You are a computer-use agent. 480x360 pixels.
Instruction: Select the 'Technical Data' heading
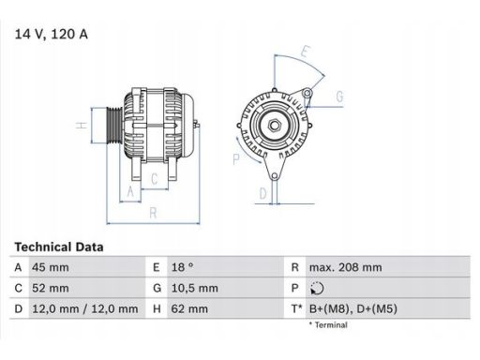59,247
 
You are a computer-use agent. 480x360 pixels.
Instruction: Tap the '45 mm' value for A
52,267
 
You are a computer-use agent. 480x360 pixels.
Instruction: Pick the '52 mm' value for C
52,288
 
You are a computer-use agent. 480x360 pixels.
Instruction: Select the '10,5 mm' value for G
196,288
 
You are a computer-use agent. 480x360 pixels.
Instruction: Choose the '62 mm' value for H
188,308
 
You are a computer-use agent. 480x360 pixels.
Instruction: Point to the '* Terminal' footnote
327,325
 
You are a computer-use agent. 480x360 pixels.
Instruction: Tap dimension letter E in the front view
306,51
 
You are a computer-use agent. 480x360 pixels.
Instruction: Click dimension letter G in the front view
338,97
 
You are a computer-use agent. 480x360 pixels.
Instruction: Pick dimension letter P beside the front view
237,159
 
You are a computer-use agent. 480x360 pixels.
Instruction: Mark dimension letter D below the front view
263,193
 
